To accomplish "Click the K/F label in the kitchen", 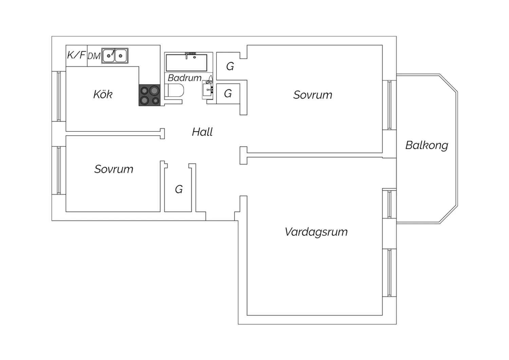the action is (76, 55).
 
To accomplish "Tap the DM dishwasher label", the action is (94, 56).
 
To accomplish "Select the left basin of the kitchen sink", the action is (109, 56).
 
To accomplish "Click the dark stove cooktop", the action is (150, 95).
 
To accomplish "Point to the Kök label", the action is (103, 94).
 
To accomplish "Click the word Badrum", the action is (185, 78).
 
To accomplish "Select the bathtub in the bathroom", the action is (186, 62).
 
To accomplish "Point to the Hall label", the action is (202, 132).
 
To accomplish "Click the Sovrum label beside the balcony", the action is (313, 95).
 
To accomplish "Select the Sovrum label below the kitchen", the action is (114, 169).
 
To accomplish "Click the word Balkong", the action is (427, 146).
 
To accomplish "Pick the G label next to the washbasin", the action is (228, 94).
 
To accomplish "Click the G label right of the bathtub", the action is (230, 67).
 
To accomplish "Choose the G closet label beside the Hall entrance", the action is (179, 190).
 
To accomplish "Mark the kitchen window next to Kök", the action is (59, 96).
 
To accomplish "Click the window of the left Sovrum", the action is (59, 170).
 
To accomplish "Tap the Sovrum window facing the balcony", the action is (389, 105).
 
